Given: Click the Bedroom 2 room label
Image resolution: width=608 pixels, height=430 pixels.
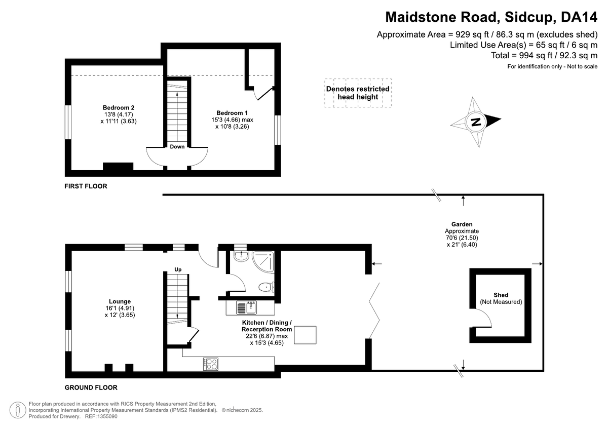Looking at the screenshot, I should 119,107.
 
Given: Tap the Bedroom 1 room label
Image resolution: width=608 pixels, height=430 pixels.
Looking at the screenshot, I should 232,112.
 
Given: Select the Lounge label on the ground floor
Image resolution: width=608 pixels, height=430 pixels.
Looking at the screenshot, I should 119,301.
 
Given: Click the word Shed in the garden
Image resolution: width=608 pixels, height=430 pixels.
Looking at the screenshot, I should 501,295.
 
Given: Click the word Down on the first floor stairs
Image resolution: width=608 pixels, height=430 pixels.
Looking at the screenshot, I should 177,147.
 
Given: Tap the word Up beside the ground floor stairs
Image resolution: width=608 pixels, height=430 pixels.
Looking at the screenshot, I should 178,269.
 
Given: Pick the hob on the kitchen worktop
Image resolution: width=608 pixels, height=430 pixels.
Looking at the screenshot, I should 211,363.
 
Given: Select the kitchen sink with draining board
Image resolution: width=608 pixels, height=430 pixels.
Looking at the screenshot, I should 247,307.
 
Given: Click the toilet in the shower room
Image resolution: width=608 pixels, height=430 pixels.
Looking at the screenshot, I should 266,287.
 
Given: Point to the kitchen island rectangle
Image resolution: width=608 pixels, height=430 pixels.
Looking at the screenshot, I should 306,335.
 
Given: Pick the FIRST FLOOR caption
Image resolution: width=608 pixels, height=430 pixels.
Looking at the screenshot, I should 86,186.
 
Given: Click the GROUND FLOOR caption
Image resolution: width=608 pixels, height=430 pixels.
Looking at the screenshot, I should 91,388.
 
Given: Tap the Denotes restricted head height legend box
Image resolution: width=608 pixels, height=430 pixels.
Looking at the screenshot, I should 358,93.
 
